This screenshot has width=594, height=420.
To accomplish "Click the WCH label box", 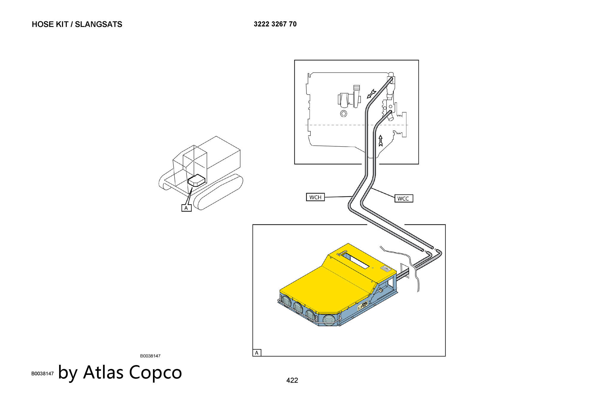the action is coord(315,197).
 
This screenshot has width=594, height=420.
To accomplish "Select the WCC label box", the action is coord(404,198).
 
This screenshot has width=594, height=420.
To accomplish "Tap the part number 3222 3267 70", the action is coord(275,24).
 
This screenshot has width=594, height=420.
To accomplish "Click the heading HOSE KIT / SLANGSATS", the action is coord(77,24).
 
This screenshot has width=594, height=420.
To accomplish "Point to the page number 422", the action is coord(292,380).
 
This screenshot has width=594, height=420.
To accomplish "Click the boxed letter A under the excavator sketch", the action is coord(186,208).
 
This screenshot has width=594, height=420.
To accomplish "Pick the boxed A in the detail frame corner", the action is coord(257,353).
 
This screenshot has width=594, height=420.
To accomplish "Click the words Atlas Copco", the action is coord(132,372).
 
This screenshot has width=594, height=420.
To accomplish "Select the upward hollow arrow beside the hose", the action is coord(380,141).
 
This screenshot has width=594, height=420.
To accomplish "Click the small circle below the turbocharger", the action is coord(344,114).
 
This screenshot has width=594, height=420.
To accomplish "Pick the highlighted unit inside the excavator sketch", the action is coord(196,180).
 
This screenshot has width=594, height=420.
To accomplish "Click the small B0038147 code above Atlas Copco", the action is coord(150,356).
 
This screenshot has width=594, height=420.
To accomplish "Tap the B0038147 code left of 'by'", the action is coord(42,373).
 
